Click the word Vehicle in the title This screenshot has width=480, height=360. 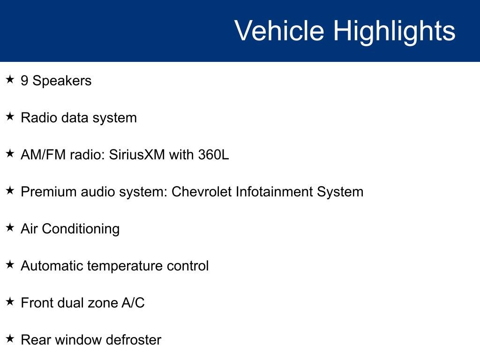pyautogui.click(x=279, y=30)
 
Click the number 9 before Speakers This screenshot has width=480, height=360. pyautogui.click(x=24, y=81)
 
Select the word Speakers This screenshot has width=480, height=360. pyautogui.click(x=62, y=81)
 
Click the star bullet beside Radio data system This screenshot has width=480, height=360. pyautogui.click(x=10, y=116)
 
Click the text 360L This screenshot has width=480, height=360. pyautogui.click(x=213, y=155)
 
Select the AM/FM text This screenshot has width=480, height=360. pyautogui.click(x=43, y=155)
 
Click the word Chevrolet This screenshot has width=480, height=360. pyautogui.click(x=202, y=192)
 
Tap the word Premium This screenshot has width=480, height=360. pyautogui.click(x=49, y=192)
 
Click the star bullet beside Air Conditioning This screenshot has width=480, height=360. pyautogui.click(x=10, y=227)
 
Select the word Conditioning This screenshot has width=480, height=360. pyautogui.click(x=81, y=229)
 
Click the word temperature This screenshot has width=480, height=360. pyautogui.click(x=125, y=266)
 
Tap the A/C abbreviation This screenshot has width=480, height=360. pyautogui.click(x=133, y=303)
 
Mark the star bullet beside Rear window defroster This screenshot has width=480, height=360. pyautogui.click(x=10, y=338)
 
